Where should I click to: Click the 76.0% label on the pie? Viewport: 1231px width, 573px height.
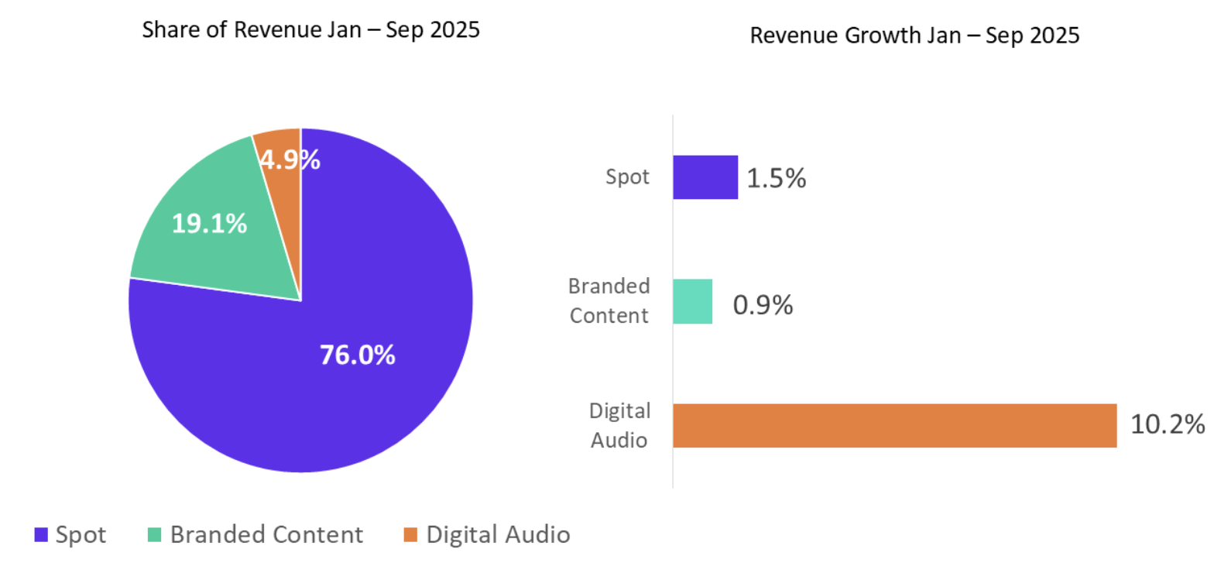tap(357, 355)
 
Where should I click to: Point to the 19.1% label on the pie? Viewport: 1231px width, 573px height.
tap(209, 224)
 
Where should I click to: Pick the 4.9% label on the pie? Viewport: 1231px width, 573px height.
tap(290, 160)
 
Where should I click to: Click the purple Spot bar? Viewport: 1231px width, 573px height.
tap(705, 177)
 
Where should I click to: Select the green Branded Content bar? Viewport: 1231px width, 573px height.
tap(692, 301)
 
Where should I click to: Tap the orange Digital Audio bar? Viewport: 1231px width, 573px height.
tap(894, 425)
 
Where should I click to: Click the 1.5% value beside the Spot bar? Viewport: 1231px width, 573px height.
tap(776, 178)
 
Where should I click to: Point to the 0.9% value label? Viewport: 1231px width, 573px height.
tap(763, 305)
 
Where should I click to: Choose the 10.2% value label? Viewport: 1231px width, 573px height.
tap(1167, 424)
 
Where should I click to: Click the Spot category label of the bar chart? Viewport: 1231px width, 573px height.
tap(627, 177)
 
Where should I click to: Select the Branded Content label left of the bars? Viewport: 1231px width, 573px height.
tap(609, 300)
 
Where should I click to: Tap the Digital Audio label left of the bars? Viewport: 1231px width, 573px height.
tap(619, 425)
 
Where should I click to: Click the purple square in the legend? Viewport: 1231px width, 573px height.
tap(41, 534)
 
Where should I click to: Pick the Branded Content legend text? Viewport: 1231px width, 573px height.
tap(266, 534)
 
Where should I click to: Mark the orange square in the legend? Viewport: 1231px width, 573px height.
tap(410, 534)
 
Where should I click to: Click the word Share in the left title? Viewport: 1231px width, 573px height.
tap(171, 29)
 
